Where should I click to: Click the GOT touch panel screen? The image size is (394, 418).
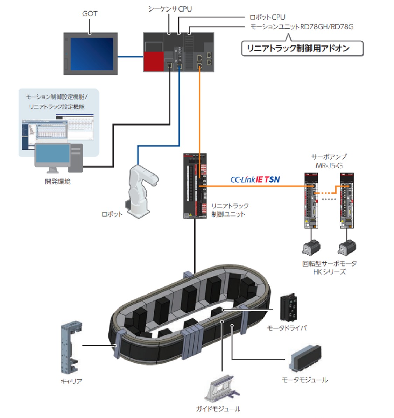point(92,54)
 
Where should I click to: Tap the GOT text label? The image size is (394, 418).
point(90,14)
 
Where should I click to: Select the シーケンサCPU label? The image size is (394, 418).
point(170,9)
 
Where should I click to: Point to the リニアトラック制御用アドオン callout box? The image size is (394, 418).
point(302,48)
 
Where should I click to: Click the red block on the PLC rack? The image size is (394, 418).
point(154,60)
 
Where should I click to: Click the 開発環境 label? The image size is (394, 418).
point(58,182)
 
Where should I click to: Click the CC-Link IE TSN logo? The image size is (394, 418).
point(255,180)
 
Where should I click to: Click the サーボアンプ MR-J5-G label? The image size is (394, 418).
point(329,161)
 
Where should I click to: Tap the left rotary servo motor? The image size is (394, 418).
point(311,247)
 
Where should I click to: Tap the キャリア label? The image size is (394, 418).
point(71,381)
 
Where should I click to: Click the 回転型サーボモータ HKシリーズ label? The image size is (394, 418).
point(329,267)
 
